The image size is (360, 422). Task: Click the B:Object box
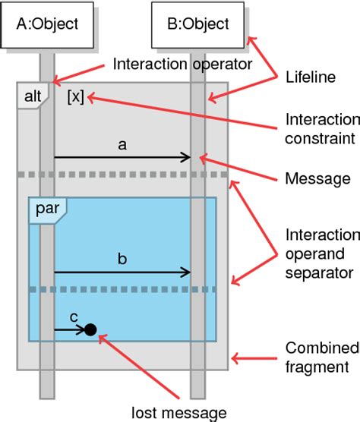pos(197,24)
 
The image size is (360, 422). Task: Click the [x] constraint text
pos(75,97)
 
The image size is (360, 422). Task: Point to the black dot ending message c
pos(90,329)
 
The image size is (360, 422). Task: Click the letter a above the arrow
pos(122,143)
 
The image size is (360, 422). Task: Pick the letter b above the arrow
pos(122,258)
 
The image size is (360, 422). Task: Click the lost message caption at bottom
pos(179,413)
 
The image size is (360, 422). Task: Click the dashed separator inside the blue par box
pos(122,289)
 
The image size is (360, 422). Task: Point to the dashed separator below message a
pos(122,175)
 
